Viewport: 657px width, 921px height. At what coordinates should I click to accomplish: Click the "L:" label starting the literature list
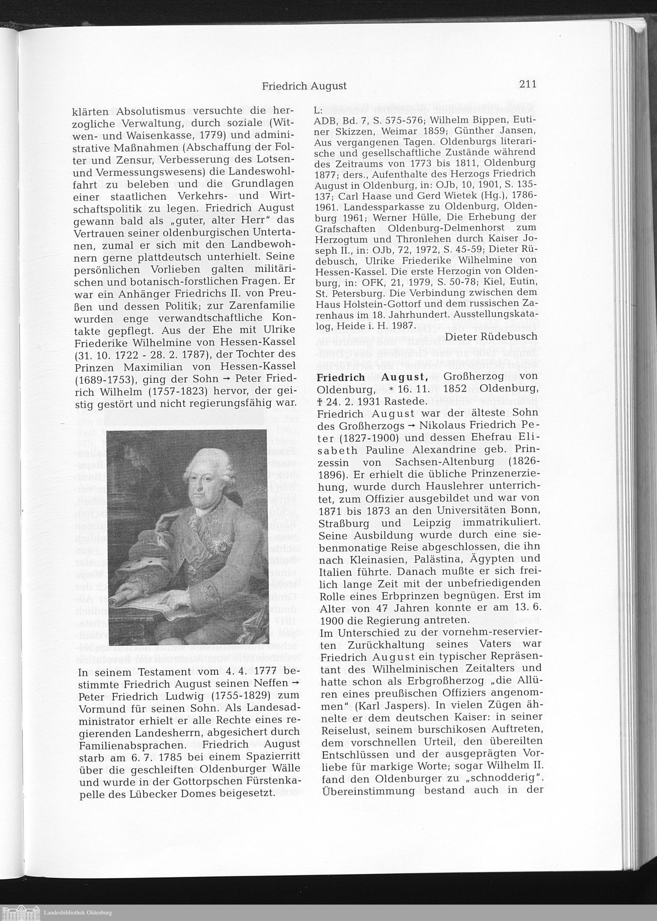[318, 110]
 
